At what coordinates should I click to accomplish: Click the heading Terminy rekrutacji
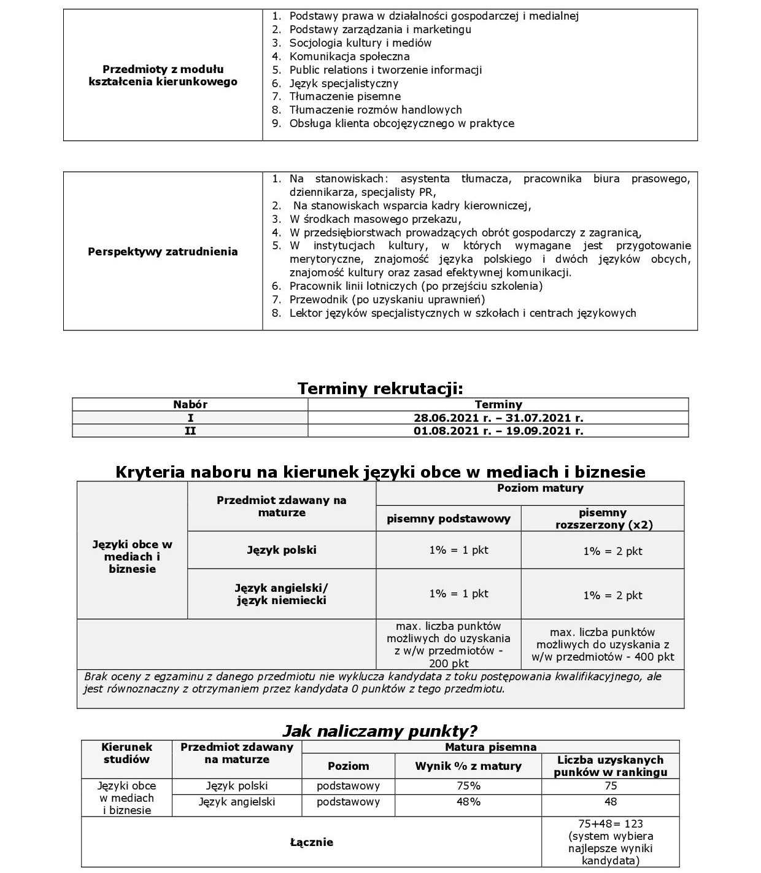coord(380,388)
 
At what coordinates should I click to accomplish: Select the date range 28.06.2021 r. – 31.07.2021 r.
coord(498,417)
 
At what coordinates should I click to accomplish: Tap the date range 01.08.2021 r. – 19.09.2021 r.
coord(498,430)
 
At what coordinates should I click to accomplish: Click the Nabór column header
coord(190,404)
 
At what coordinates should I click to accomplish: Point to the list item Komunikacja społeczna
coord(349,56)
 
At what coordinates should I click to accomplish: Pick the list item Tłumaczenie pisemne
coord(345,96)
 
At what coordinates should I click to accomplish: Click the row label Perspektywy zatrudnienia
coord(163,251)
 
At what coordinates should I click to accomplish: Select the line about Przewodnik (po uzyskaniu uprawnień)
coord(387,300)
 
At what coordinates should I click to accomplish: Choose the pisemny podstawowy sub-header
coord(448,519)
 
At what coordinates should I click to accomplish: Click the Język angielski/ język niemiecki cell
coord(282,594)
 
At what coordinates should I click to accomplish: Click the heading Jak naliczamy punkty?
coord(380,731)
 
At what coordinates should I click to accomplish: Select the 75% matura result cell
coord(468,786)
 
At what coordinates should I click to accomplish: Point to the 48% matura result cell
coord(468,802)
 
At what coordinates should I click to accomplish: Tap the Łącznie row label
coord(311,842)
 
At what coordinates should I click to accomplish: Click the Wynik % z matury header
coord(468,766)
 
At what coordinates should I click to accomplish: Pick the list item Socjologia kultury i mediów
coord(360,43)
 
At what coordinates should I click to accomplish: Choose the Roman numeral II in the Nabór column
coord(190,430)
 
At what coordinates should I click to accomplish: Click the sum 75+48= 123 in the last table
coord(610,824)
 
